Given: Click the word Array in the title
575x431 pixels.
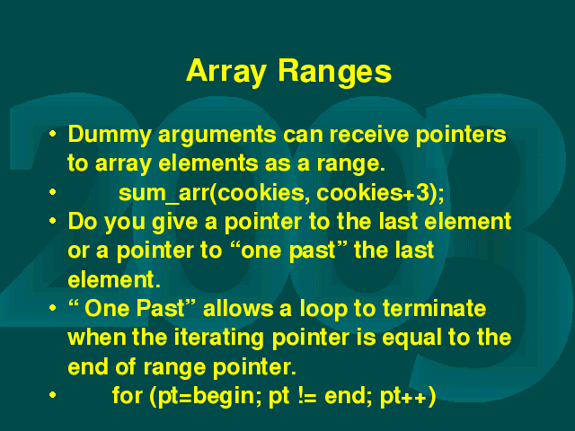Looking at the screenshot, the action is pos(226,72).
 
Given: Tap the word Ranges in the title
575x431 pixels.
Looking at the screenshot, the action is pos(335,72).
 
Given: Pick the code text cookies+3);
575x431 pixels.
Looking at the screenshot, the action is pos(380,193).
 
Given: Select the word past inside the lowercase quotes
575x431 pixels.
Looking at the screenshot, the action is pos(312,251).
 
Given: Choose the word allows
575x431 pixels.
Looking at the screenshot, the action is pos(238,308).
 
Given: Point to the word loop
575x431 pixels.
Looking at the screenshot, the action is pos(323,309).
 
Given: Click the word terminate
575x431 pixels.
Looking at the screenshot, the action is pos(434,308).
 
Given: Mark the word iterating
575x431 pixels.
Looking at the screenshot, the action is pos(218,338).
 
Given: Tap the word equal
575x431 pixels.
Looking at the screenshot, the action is pos(411,338).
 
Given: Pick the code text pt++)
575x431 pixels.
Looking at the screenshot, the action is pos(408,397).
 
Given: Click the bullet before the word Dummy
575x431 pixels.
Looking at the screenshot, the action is pos(53,134).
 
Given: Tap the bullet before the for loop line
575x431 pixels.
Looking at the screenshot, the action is pos(53,395).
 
